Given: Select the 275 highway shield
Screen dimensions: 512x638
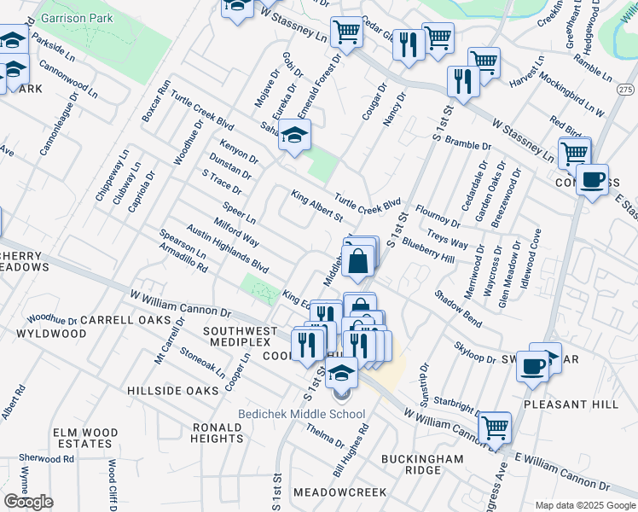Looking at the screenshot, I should tap(626, 90).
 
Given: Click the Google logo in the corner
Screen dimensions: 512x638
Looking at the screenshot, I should tap(28, 502).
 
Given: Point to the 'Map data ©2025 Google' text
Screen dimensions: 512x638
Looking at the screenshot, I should tap(585, 505).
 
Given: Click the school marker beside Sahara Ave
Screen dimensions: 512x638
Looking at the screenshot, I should tap(294, 136).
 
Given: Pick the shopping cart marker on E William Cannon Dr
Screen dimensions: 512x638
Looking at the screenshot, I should tap(495, 427).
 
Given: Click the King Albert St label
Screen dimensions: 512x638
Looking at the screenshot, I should tap(316, 206).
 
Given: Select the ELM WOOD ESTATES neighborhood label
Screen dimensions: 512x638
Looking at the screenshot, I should tap(84, 438).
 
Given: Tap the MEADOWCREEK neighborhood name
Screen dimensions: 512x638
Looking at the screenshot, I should tap(339, 492).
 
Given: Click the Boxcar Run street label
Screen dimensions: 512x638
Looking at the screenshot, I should tap(156, 102).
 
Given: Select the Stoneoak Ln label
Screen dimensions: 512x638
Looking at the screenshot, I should tap(203, 362).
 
